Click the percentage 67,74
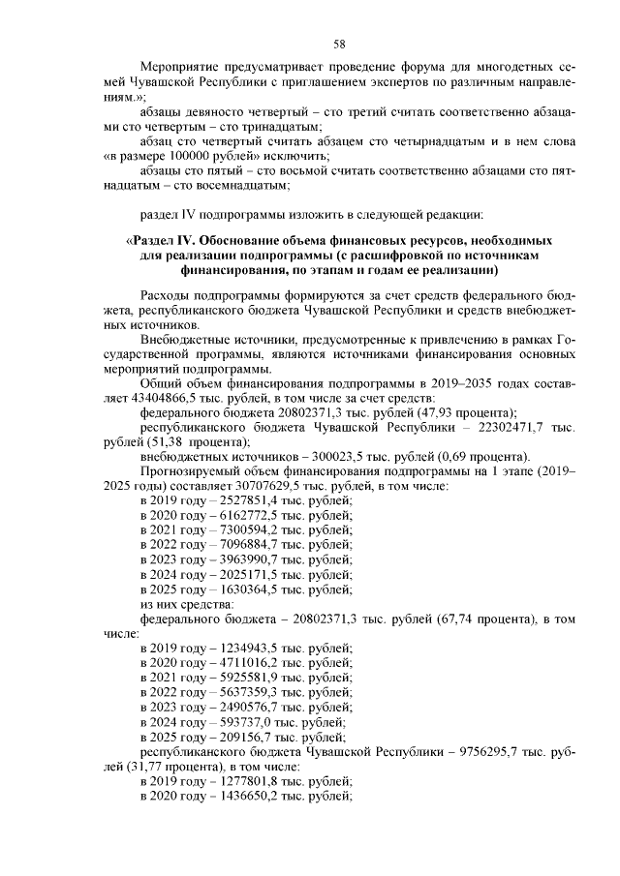pos(449,618)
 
